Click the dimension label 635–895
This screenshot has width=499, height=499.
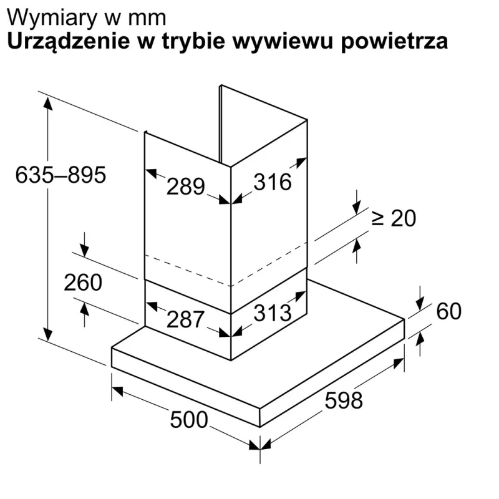[61, 175]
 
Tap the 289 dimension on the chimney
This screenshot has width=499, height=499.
[185, 187]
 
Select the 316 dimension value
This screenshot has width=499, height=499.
[273, 182]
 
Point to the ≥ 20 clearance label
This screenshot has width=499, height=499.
[394, 218]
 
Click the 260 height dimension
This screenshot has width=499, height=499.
[83, 283]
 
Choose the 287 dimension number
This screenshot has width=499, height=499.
[185, 319]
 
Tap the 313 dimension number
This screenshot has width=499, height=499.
[273, 312]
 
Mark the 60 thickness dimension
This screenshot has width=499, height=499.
[448, 311]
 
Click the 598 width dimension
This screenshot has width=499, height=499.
[344, 400]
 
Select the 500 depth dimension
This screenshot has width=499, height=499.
[189, 420]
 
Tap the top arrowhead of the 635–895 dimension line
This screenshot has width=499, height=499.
[48, 104]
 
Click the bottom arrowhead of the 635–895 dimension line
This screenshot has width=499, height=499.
[48, 334]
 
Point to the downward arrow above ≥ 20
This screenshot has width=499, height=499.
[357, 202]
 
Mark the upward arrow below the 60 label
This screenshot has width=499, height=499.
[420, 344]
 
